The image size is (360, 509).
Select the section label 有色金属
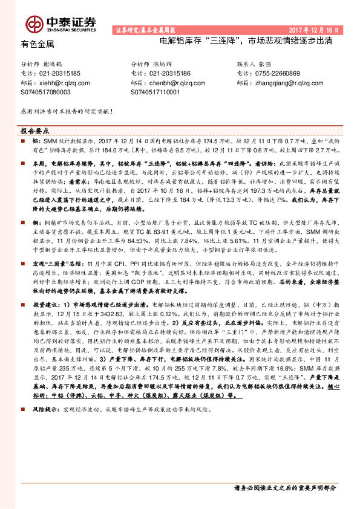(x=38, y=44)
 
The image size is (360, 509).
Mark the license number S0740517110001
(x=155, y=92)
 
